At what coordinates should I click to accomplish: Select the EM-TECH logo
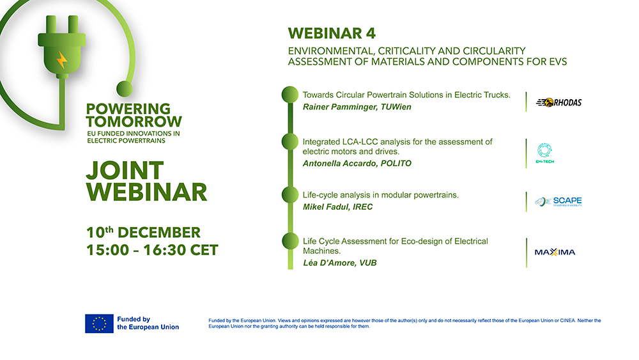545,153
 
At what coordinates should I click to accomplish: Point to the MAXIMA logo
555,252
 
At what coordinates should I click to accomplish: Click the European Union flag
99,324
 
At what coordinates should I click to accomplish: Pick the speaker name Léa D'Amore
330,263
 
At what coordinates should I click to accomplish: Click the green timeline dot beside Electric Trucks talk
290,95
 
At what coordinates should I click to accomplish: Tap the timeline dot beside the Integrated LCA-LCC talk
290,142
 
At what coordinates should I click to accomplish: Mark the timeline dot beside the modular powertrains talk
290,194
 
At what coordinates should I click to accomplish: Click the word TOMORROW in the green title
134,121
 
